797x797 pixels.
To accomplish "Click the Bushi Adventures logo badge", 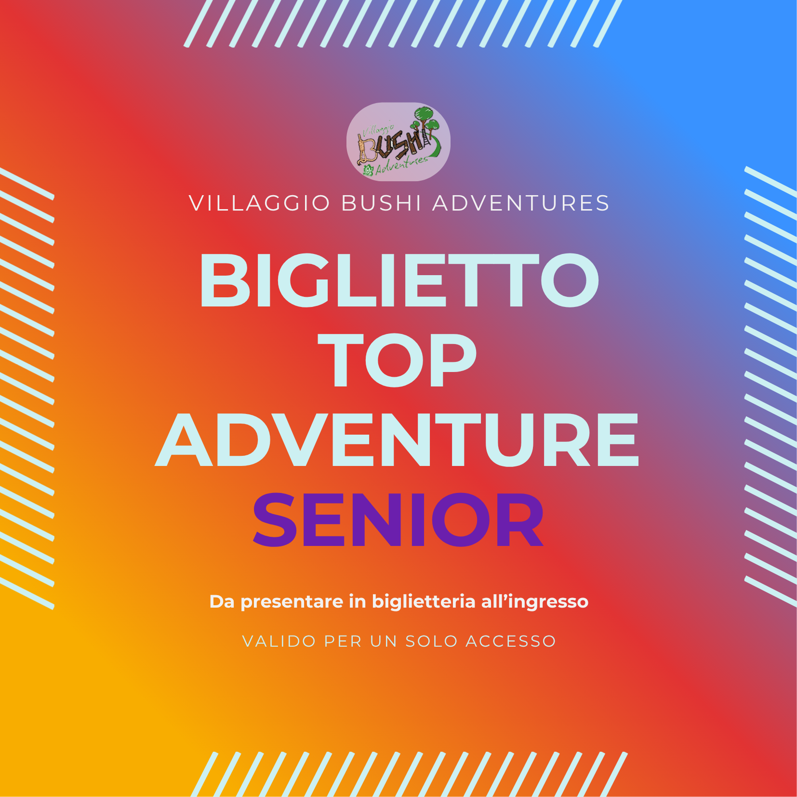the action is point(398,142).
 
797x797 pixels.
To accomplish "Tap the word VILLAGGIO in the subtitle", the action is point(260,203).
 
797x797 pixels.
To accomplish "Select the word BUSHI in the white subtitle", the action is point(381,203).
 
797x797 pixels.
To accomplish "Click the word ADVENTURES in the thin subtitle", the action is point(521,203).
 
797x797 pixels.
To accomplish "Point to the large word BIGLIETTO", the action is point(399,280).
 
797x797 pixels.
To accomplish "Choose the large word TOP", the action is point(397,360).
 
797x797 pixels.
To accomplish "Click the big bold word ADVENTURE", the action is point(397,439).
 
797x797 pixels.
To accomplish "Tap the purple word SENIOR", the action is point(398,519).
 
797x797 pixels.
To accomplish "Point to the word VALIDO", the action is point(279,641).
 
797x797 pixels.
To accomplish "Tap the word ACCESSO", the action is point(511,641).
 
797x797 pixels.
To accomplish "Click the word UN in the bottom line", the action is point(384,641).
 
